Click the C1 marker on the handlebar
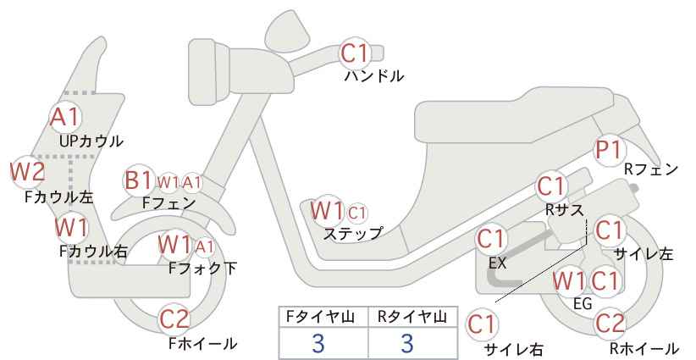click(355, 53)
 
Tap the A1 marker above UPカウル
click(65, 117)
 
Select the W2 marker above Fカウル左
click(28, 172)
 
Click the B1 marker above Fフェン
click(139, 180)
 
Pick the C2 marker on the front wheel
click(175, 318)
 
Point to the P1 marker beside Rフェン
click(609, 150)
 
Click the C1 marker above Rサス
click(551, 187)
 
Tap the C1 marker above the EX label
click(491, 239)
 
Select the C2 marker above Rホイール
click(610, 324)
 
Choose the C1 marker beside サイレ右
click(482, 325)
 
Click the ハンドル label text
click(374, 76)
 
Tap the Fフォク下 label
click(203, 268)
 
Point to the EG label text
click(583, 303)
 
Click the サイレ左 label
click(644, 253)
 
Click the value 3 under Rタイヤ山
click(407, 343)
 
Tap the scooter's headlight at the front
click(209, 71)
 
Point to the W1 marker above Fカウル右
click(71, 228)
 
